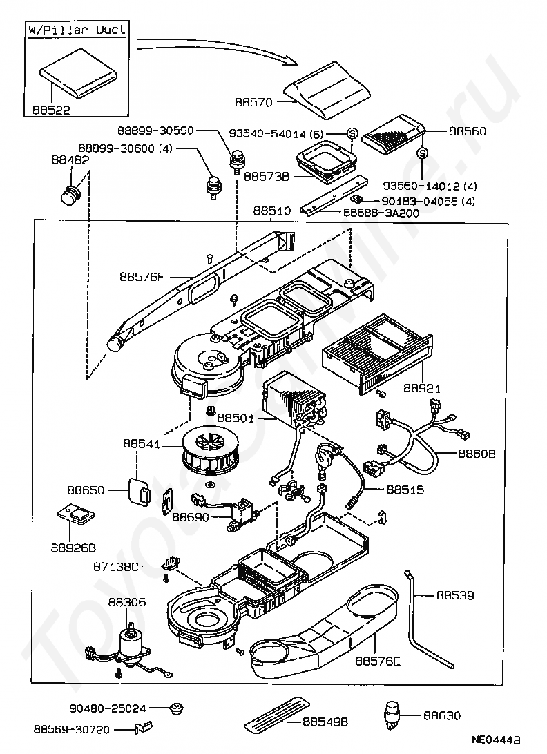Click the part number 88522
click(51, 109)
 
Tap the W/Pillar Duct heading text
click(77, 30)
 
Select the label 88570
click(254, 101)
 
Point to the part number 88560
click(467, 131)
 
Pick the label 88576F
click(142, 277)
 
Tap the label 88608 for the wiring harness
click(476, 454)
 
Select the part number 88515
click(405, 490)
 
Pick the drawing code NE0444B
click(496, 740)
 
